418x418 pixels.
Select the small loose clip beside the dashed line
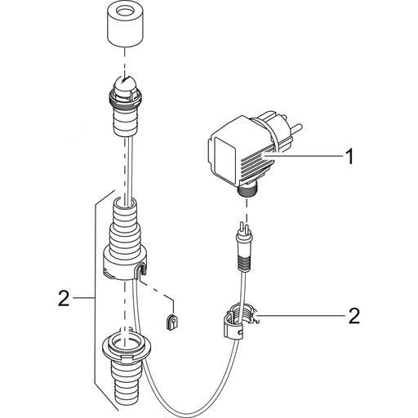pos(171,320)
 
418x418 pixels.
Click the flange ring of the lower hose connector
pos(127,346)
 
